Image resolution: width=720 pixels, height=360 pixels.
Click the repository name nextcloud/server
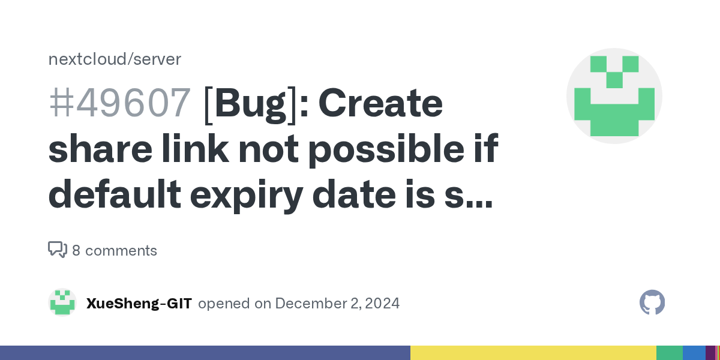coord(115,59)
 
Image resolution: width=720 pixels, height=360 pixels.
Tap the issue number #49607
coord(119,103)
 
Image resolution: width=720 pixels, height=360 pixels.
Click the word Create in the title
coord(380,103)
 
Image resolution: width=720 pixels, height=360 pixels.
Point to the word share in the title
coord(100,149)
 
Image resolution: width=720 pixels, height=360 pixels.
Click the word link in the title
coord(196,148)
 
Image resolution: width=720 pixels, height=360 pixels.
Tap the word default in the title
coord(115,193)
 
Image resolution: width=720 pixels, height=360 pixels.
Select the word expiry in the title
coord(247,196)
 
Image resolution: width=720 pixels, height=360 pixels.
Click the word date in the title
coord(354,194)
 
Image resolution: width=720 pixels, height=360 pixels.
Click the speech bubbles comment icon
coord(58,250)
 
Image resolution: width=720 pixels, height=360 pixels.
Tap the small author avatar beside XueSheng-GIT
coord(62,302)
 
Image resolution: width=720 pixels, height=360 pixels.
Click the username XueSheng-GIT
coord(139,304)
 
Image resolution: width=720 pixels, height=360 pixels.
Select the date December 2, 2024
coord(337,304)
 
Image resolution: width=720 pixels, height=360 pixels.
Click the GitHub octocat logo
coord(652,302)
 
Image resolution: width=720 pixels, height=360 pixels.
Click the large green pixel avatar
coord(614,96)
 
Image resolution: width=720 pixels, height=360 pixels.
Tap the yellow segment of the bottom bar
coord(533,353)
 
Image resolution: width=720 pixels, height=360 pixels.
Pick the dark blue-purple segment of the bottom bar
coord(205,353)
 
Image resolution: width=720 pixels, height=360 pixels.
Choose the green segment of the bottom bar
coord(670,353)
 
